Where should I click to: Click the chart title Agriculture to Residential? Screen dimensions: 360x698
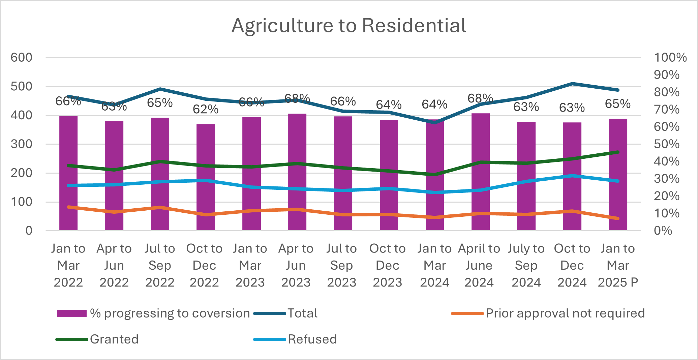point(349,26)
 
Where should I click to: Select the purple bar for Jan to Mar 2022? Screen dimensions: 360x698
point(68,174)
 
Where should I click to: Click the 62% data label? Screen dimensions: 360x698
point(206,109)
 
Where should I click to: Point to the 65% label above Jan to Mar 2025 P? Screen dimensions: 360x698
point(617,104)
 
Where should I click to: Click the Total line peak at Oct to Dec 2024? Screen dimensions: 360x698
point(572,84)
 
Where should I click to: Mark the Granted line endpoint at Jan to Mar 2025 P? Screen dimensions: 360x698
point(618,152)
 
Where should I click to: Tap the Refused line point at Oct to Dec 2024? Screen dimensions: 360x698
point(572,176)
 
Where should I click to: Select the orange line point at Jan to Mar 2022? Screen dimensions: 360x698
point(68,207)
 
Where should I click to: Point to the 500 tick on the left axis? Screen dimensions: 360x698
point(22,86)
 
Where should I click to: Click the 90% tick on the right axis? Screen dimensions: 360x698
point(666,75)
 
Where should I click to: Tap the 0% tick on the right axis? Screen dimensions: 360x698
point(663,231)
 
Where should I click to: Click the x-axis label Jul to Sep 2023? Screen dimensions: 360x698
point(341,265)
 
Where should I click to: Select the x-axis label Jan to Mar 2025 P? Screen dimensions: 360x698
point(618,265)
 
